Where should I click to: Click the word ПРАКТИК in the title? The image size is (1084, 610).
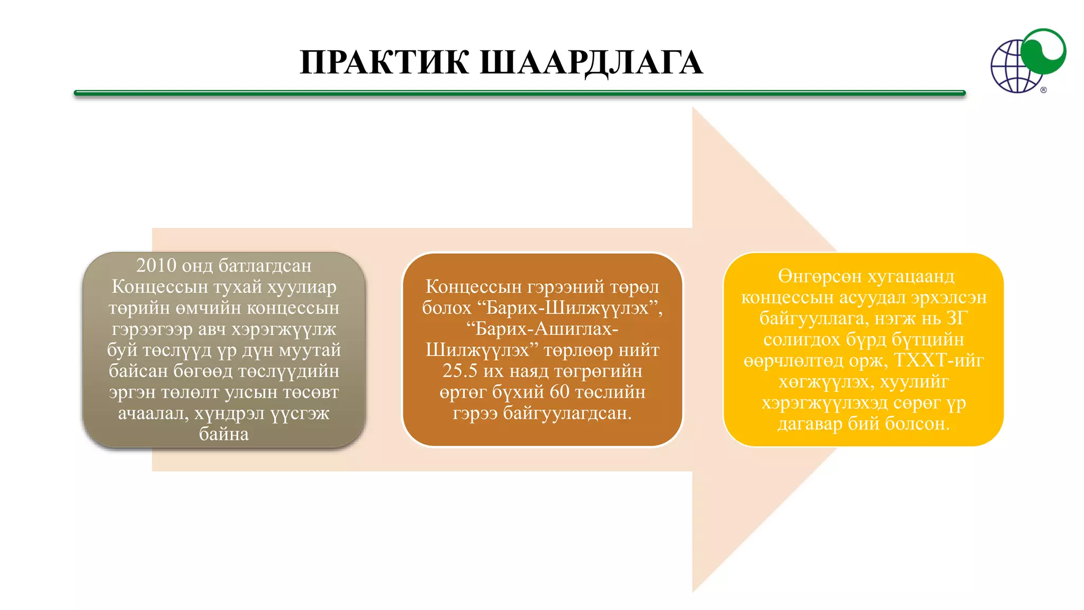coord(384,62)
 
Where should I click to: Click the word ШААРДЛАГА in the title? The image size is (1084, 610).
coord(591,62)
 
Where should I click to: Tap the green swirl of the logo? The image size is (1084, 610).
coord(1043,51)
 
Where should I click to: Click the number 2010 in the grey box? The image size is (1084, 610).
coord(156,265)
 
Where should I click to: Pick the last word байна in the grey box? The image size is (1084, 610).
coord(224,434)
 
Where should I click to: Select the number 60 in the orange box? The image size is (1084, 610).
coord(559,392)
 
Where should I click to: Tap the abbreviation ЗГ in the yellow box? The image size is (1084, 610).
coord(957,318)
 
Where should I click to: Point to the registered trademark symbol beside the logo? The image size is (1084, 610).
coord(1043,90)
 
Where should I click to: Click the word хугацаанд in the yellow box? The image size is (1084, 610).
coord(911,276)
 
